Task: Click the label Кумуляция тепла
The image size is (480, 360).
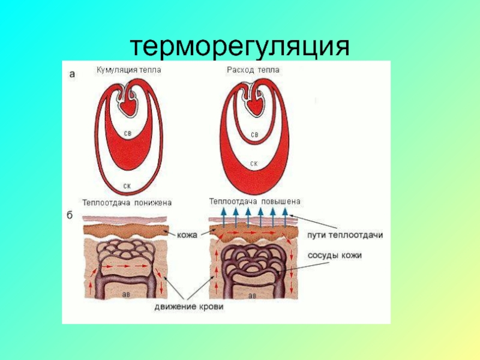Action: click(x=129, y=70)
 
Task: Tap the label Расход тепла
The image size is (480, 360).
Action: click(x=253, y=70)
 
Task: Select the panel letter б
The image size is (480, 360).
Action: click(x=70, y=217)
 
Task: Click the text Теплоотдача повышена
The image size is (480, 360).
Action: click(x=254, y=202)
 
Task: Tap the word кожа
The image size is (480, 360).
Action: click(x=187, y=236)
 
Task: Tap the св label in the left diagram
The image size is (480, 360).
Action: click(x=127, y=134)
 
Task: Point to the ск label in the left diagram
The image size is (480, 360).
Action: click(x=127, y=185)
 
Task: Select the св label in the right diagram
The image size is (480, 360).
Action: click(x=254, y=135)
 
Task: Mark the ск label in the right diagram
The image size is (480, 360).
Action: click(x=254, y=163)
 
